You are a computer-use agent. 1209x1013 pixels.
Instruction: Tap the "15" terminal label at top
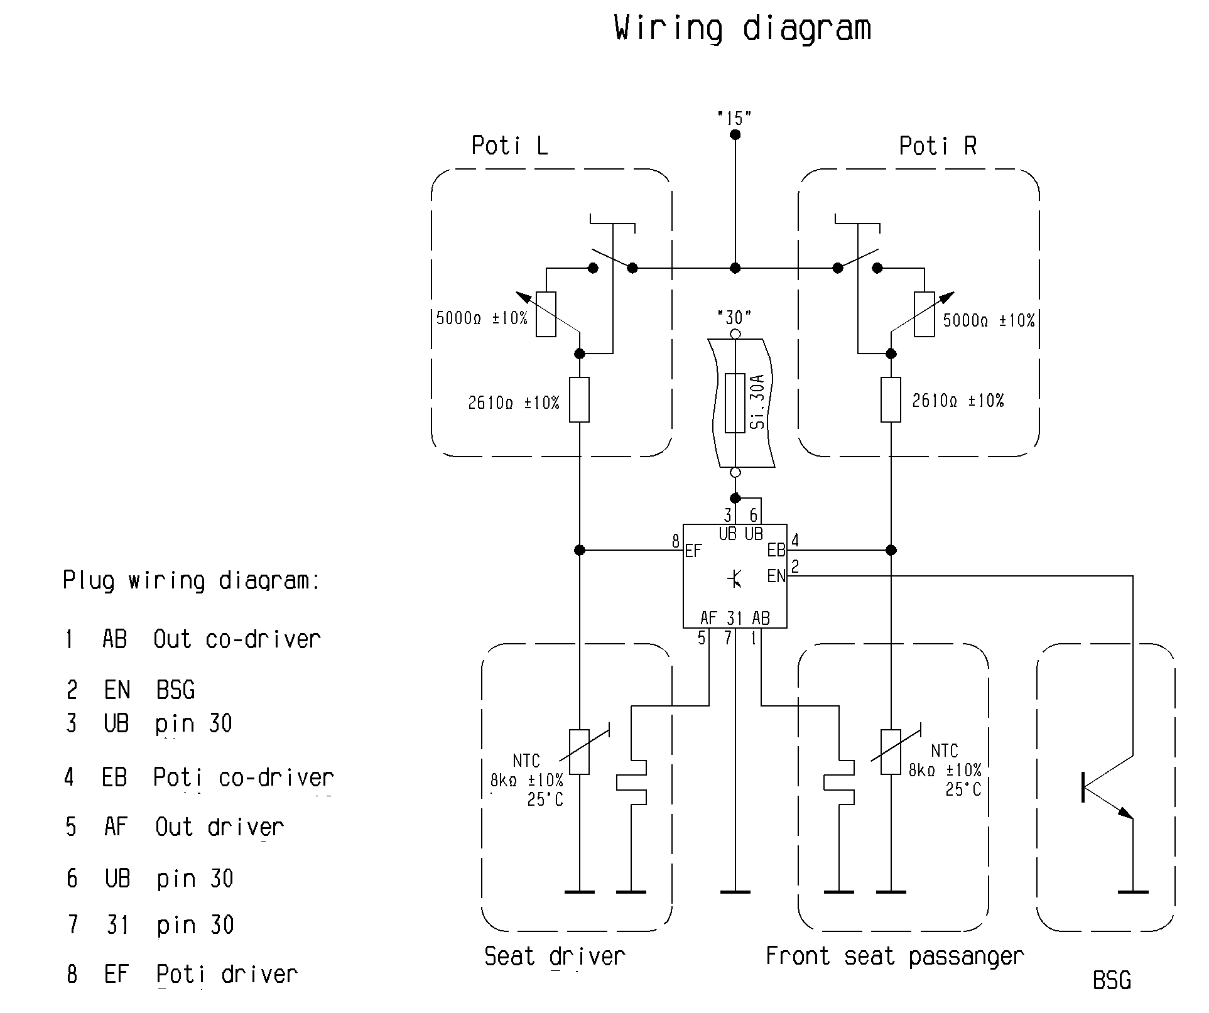734,118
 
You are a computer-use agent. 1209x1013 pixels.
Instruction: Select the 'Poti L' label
509,146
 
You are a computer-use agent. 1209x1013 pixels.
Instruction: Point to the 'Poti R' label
938,146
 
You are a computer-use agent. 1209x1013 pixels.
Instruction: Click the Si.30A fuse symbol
735,403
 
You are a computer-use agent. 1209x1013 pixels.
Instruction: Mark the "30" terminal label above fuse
734,317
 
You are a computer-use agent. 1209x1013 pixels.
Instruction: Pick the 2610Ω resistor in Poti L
579,399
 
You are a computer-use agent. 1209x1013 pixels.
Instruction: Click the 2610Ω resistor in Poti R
891,399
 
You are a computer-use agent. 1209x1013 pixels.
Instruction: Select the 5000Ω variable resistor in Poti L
546,314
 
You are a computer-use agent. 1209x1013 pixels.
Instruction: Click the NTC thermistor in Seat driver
579,752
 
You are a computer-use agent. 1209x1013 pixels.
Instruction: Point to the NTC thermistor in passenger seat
891,752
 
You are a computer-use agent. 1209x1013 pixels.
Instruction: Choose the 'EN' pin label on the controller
776,576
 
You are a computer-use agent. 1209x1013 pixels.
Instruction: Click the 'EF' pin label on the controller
693,551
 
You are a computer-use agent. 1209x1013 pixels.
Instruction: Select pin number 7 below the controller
728,639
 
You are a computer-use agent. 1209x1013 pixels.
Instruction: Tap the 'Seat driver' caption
555,956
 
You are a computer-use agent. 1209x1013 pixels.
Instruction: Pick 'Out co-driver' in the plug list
237,639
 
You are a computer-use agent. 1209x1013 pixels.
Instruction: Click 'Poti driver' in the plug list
227,974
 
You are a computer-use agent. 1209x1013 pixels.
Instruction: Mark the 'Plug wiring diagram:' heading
192,580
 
